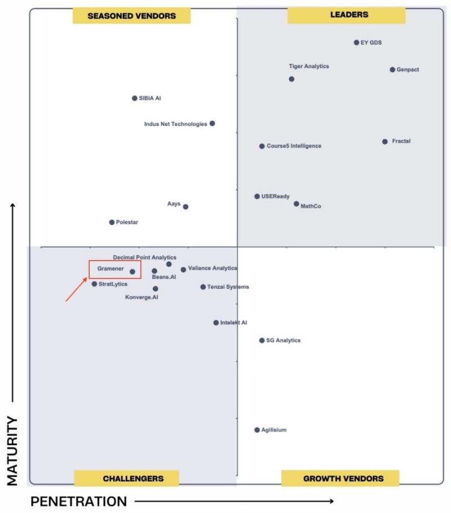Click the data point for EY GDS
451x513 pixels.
pos(356,42)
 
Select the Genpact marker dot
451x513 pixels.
pos(392,70)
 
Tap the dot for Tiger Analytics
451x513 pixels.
pos(291,79)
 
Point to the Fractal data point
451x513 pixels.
pos(385,141)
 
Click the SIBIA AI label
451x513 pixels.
pos(150,98)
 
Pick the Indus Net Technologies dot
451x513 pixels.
pos(212,123)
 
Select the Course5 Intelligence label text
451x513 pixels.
pos(294,146)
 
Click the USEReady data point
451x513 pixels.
pos(257,196)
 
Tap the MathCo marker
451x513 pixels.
pos(296,204)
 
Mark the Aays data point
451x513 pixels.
pos(185,207)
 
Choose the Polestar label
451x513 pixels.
pos(127,222)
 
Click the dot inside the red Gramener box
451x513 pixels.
pos(132,272)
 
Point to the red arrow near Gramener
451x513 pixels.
pos(76,290)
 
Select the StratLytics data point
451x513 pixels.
pos(94,284)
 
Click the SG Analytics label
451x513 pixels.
pos(284,340)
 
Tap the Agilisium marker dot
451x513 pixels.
pos(257,430)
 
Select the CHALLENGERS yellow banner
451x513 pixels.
pos(126,478)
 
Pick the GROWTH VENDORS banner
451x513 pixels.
pos(341,478)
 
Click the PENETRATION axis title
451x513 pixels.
pos(78,501)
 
